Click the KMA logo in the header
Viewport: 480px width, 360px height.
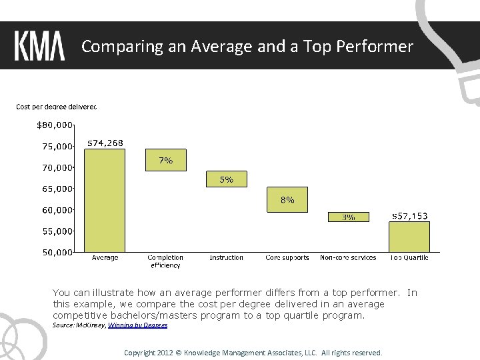(x=39, y=47)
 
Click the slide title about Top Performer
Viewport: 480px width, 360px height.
(x=247, y=47)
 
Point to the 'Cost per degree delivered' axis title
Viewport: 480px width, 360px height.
(x=57, y=107)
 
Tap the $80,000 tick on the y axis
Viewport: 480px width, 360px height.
(x=54, y=125)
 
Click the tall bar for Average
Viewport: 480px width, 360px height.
(x=105, y=200)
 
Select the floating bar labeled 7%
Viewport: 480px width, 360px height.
(x=166, y=161)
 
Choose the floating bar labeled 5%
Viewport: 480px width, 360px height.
(x=227, y=179)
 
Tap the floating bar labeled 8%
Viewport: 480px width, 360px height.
(x=287, y=200)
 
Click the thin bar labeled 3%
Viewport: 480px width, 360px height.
(x=348, y=217)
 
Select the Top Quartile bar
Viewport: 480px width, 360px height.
(x=409, y=237)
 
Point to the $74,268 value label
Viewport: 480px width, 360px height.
(x=105, y=143)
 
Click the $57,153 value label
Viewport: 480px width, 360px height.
(x=409, y=216)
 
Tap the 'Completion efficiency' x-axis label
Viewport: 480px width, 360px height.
(x=165, y=261)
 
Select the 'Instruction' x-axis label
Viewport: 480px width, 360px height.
(x=227, y=258)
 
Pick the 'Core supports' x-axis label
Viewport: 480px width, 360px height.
(x=287, y=258)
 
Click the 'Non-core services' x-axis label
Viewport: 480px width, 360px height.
(x=348, y=258)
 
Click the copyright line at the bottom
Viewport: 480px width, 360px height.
(x=253, y=353)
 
